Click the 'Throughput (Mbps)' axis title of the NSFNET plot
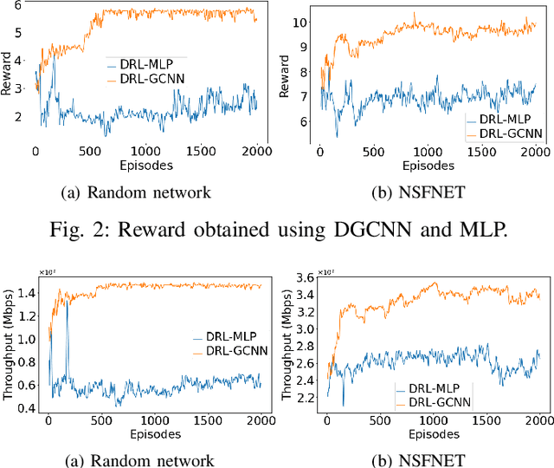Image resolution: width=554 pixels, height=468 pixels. click(287, 343)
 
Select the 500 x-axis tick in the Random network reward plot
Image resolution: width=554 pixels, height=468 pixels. click(91, 152)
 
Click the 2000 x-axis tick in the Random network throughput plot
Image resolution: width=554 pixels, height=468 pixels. click(259, 422)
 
